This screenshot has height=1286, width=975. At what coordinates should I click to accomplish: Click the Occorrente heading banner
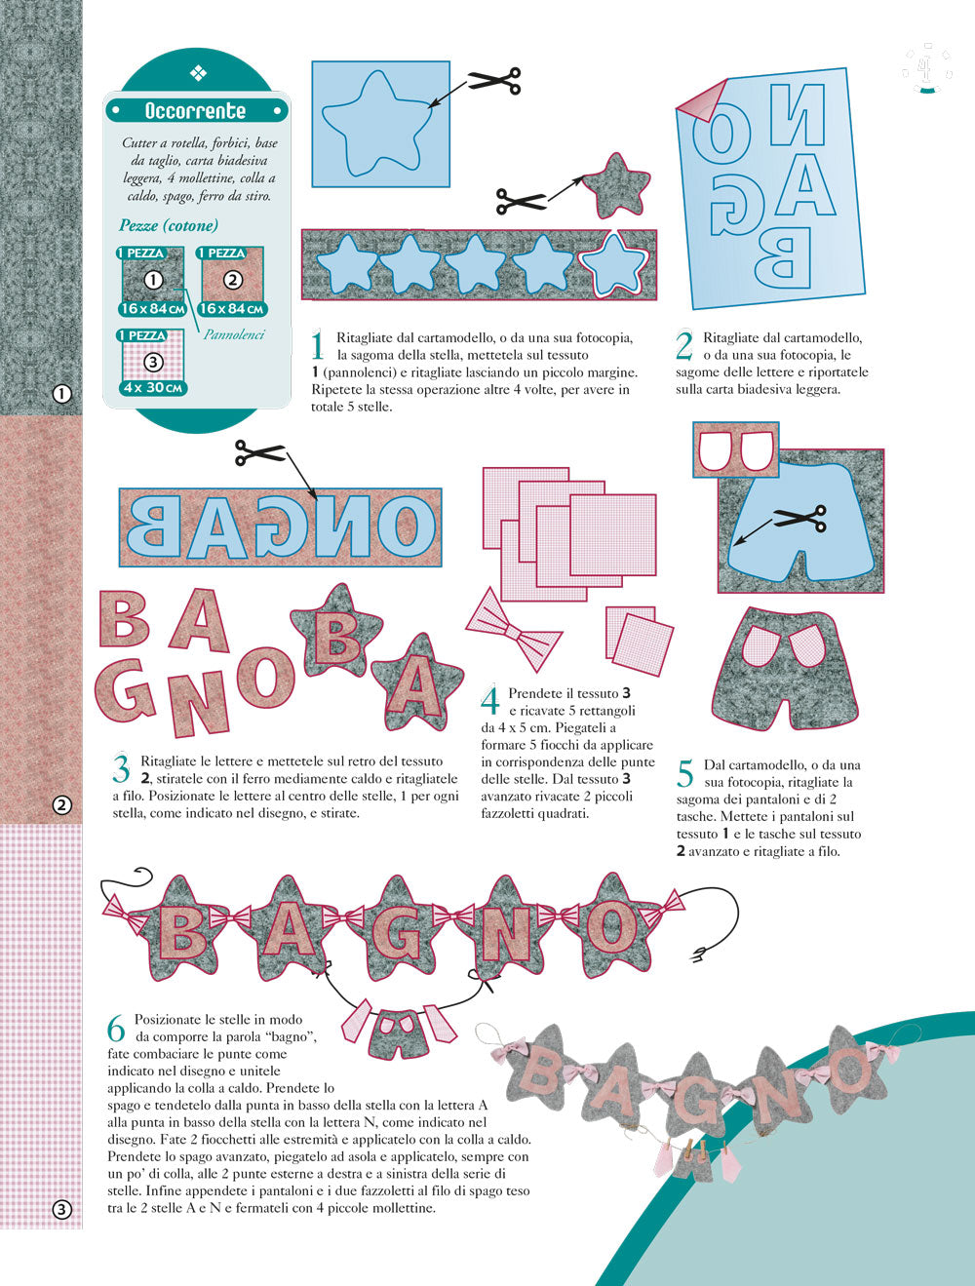(196, 110)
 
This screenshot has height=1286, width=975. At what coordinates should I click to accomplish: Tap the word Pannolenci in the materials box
(234, 334)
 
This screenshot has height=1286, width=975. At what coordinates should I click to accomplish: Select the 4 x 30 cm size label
(154, 387)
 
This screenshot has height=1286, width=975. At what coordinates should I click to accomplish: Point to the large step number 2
(684, 347)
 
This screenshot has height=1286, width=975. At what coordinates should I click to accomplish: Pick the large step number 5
(685, 774)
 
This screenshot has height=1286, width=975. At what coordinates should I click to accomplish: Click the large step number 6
(117, 1030)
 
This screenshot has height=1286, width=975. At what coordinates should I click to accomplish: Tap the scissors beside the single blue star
(493, 80)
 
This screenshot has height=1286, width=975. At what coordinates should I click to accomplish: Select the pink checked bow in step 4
(515, 629)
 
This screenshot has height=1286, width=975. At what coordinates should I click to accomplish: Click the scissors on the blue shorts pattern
(800, 519)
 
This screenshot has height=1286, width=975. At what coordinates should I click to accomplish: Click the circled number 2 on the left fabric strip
(62, 804)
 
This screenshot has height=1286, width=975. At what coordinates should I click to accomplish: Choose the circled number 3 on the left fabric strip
(62, 1210)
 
